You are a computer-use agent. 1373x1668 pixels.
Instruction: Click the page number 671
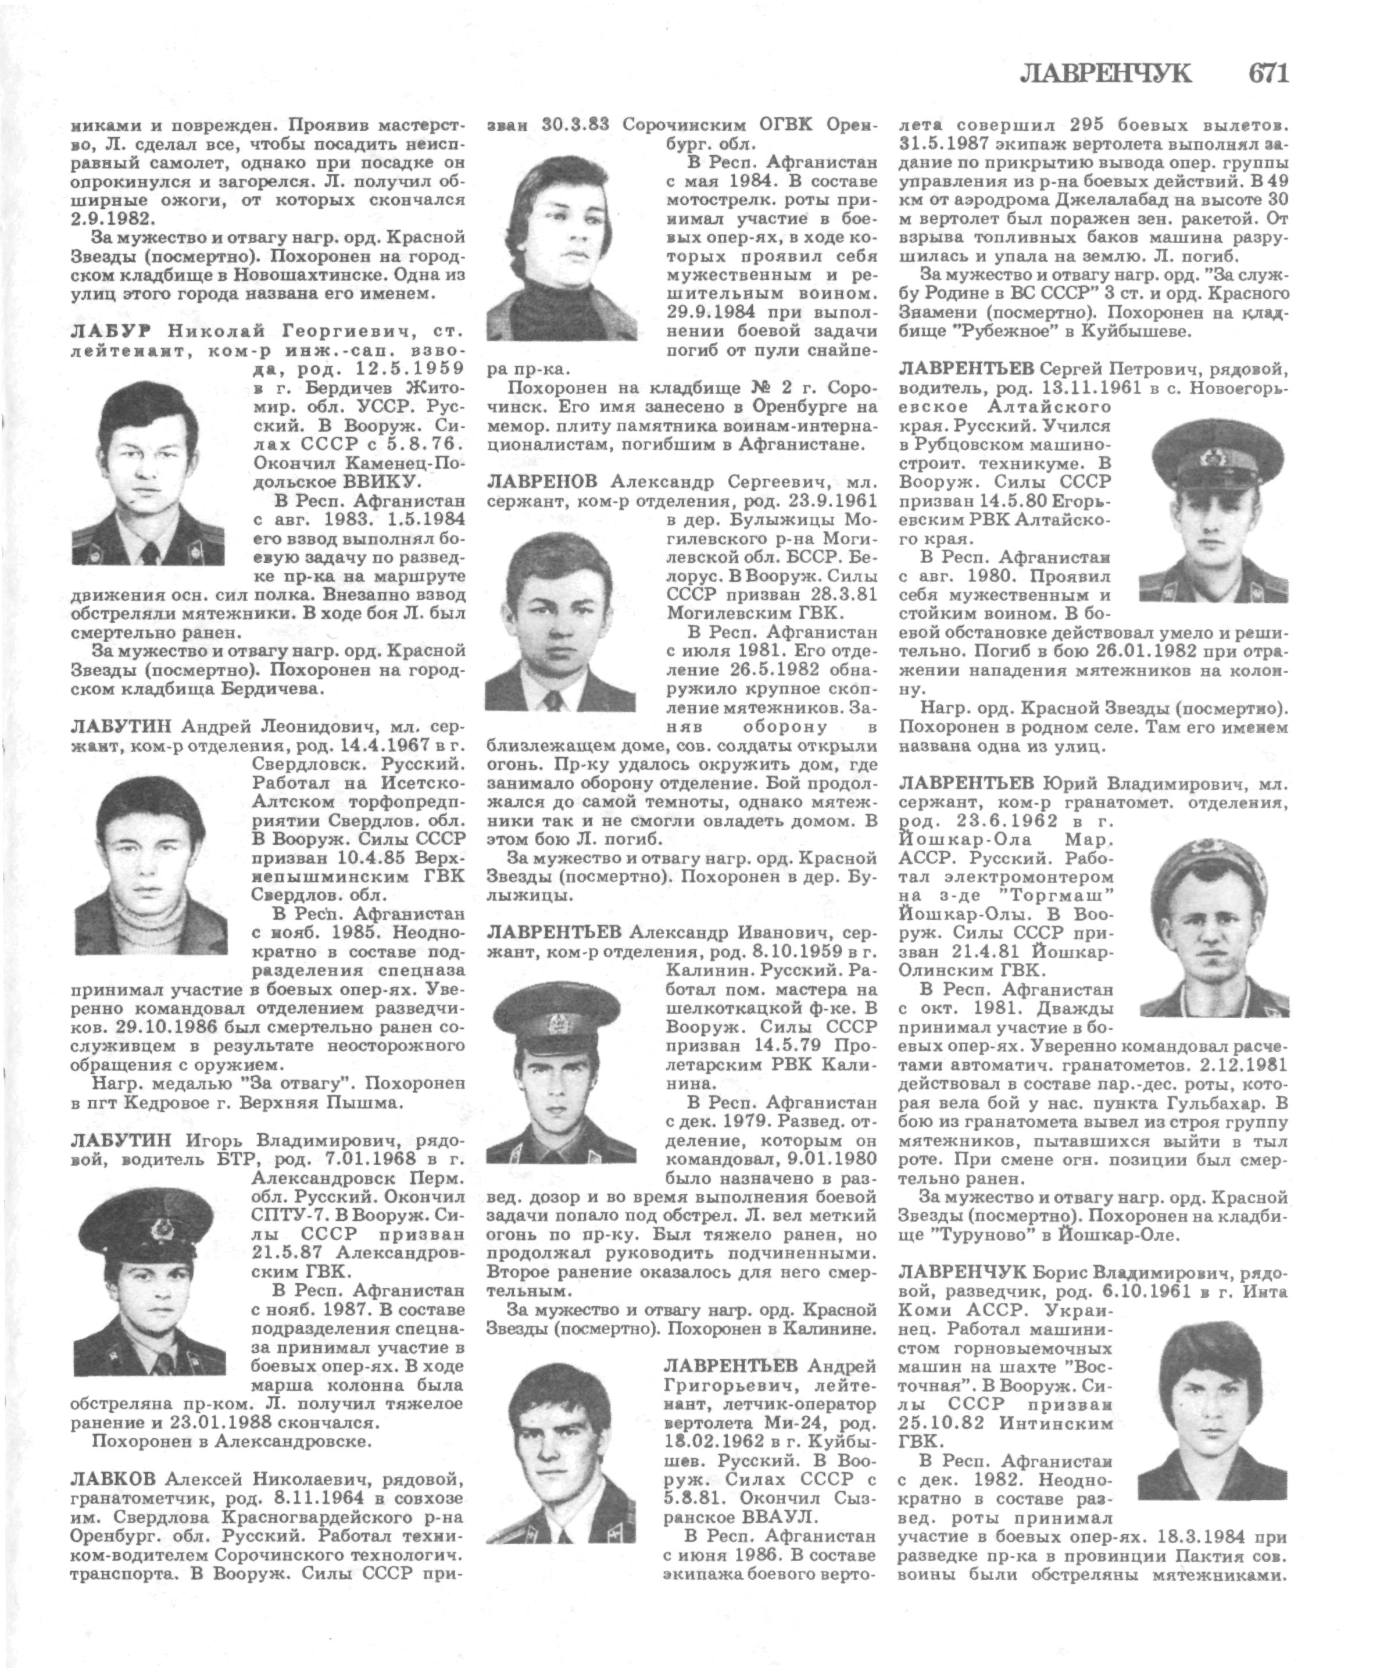click(x=1268, y=74)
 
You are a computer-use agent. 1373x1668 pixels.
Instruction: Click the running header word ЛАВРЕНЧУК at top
click(x=1105, y=74)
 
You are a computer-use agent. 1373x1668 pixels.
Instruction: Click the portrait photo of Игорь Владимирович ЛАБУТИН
click(x=149, y=1289)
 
